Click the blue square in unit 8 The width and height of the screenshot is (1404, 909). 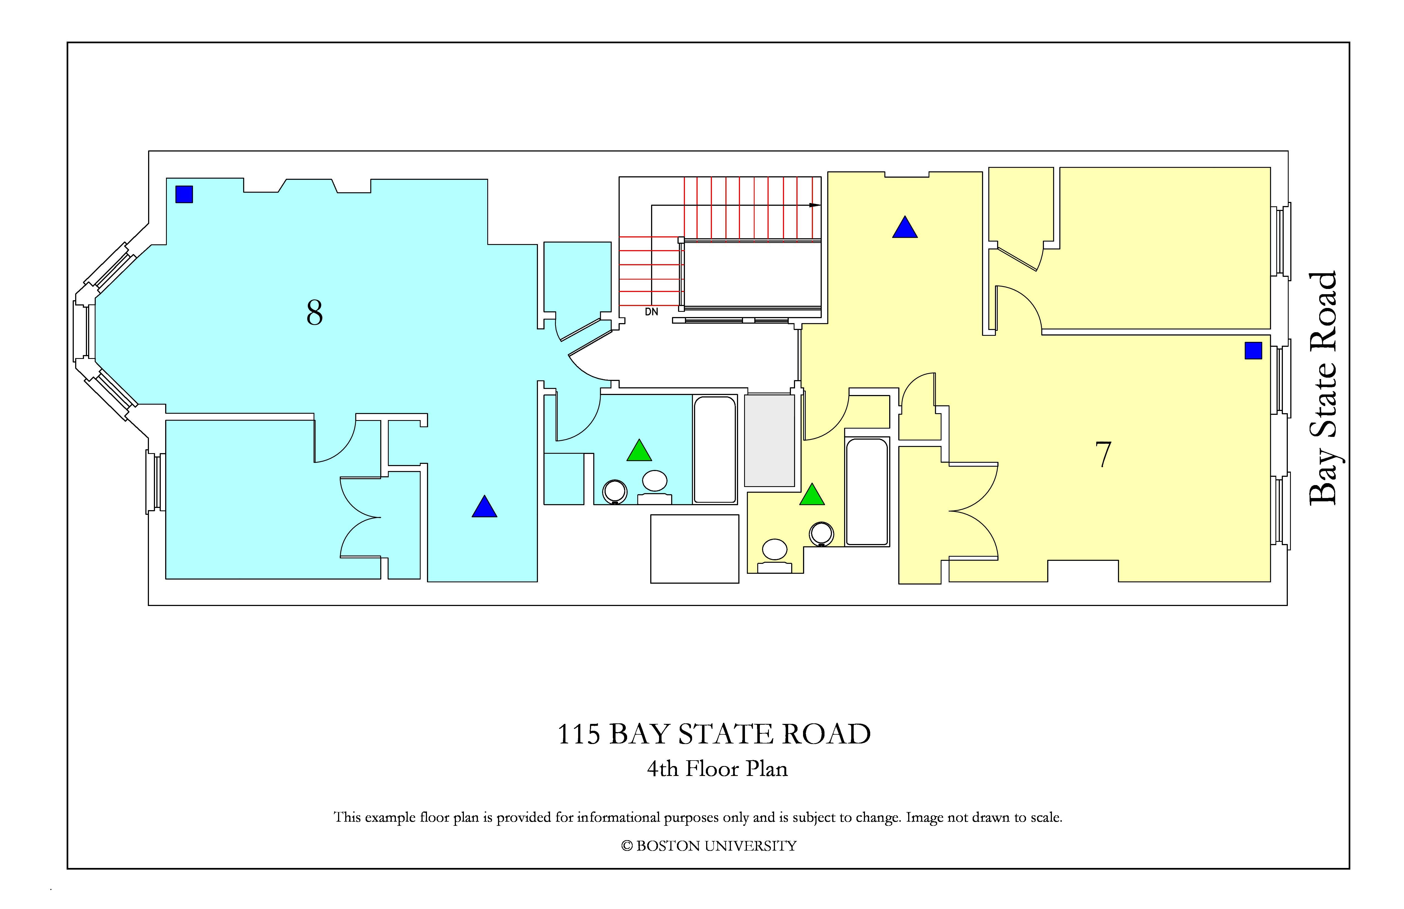point(184,194)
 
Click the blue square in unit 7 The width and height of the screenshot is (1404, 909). point(1253,351)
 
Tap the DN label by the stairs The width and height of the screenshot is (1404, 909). point(651,312)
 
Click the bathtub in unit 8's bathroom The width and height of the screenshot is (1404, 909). point(715,449)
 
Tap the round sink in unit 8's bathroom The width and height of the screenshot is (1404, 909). point(655,480)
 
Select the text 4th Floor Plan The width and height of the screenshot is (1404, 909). point(717,769)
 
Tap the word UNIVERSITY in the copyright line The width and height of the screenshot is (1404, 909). point(750,846)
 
